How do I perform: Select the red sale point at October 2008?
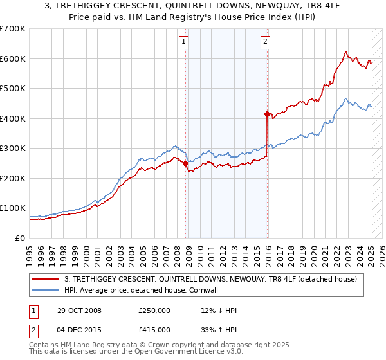(x=186, y=163)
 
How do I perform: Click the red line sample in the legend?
(x=46, y=279)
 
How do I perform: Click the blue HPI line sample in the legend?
(x=46, y=290)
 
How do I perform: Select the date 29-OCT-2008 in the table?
(x=78, y=310)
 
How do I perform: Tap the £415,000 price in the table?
(x=154, y=330)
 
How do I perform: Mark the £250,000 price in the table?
(x=154, y=310)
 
